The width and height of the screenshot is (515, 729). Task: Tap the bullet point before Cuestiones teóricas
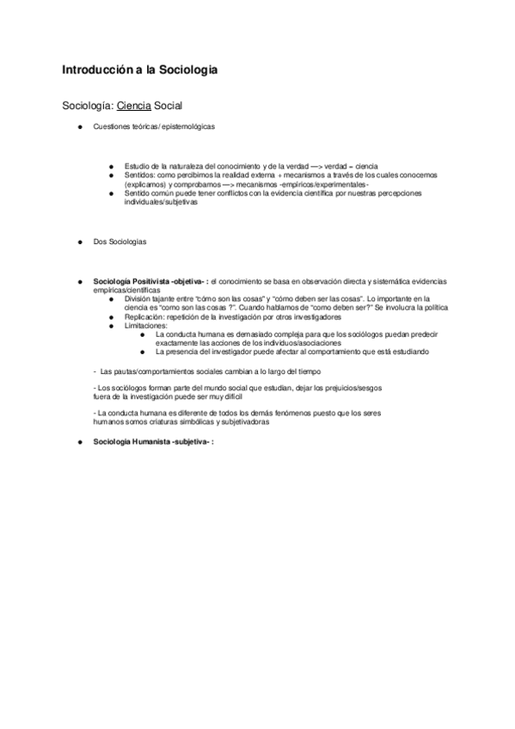pyautogui.click(x=78, y=126)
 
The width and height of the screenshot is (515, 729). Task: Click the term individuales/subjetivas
pyautogui.click(x=161, y=202)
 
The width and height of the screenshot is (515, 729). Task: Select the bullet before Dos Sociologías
pyautogui.click(x=78, y=242)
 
